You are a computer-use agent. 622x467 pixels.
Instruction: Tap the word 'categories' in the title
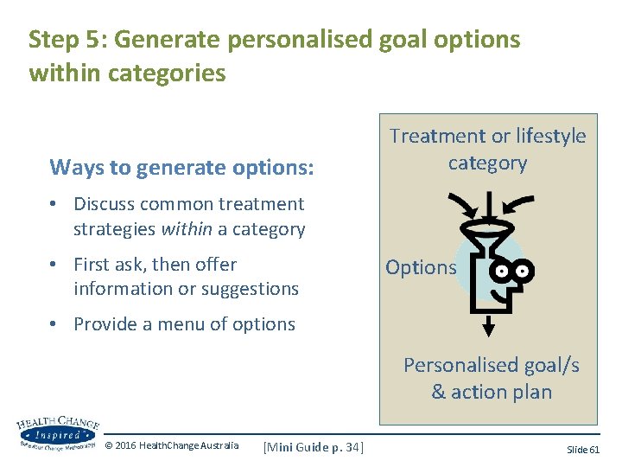(x=167, y=74)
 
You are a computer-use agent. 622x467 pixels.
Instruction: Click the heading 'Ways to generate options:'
(x=181, y=166)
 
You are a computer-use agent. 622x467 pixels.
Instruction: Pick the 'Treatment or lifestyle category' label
(x=487, y=149)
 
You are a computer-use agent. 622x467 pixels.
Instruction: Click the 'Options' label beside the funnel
(x=421, y=267)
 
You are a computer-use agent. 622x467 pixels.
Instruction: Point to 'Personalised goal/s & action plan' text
(x=491, y=378)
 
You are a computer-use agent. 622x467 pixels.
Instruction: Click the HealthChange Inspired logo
(x=57, y=433)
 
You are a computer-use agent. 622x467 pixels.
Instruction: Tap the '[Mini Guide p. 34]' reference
(x=313, y=446)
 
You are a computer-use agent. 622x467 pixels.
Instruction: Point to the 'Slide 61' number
(x=582, y=449)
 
